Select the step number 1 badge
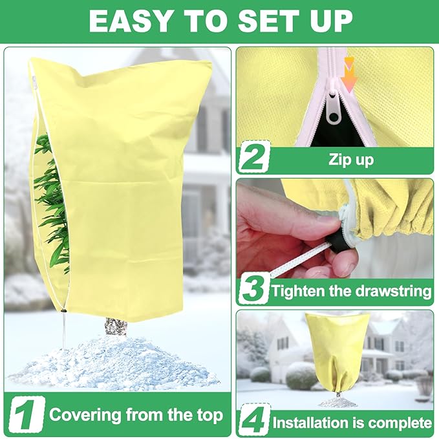(x=27, y=414)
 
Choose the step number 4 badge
(x=253, y=423)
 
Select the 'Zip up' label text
(x=351, y=160)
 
